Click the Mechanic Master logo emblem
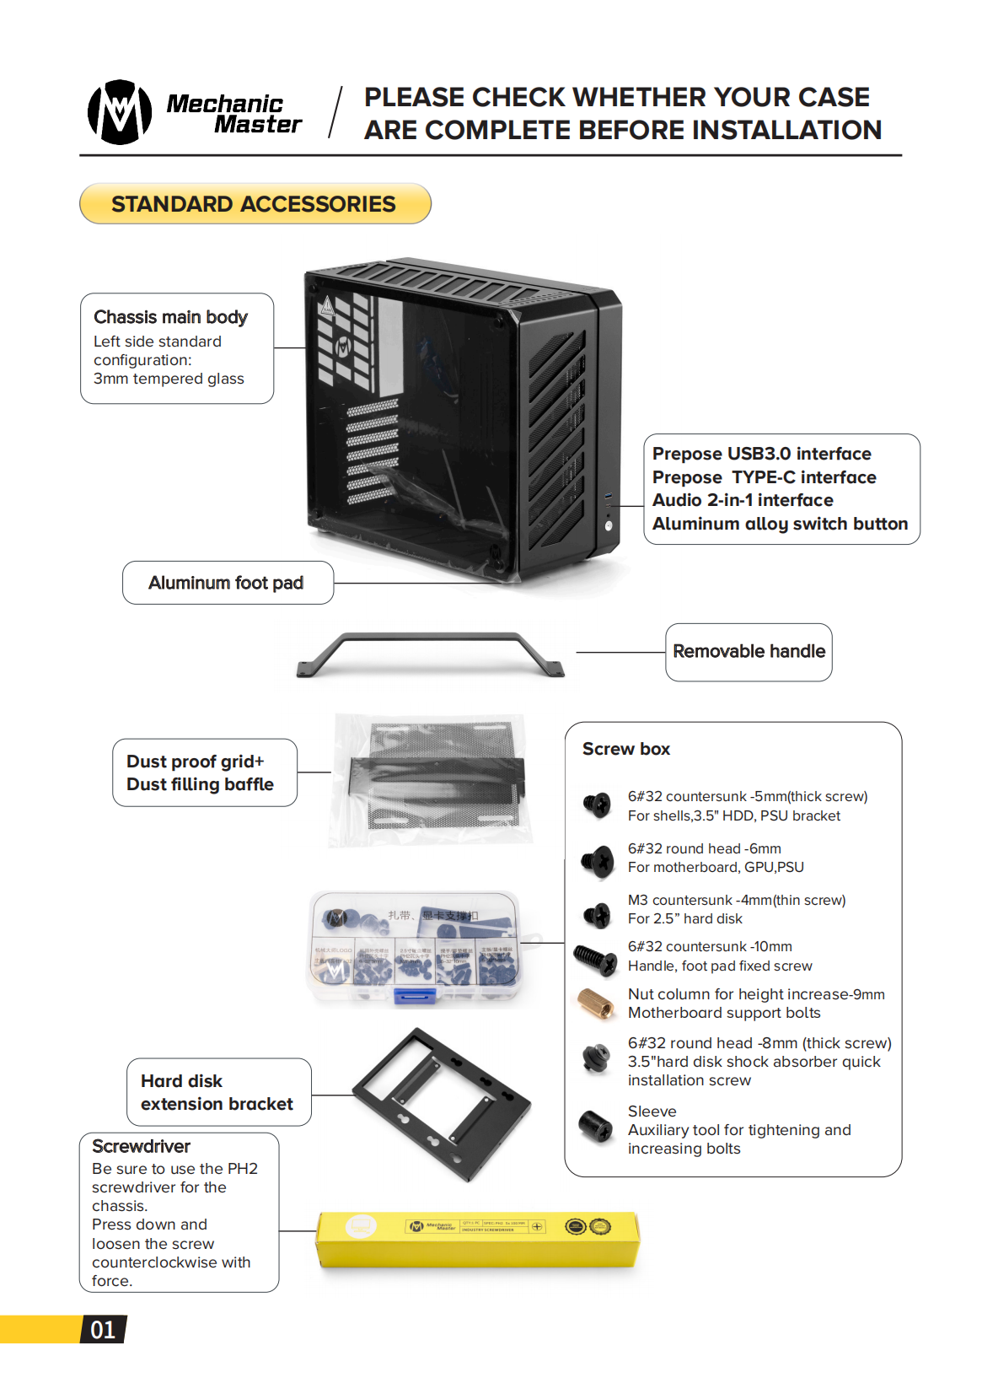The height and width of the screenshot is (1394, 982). [120, 112]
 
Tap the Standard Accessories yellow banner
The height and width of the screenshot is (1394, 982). [255, 204]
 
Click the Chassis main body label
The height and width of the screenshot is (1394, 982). [170, 317]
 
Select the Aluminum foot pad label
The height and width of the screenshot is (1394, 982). [226, 583]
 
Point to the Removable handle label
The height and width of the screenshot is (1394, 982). [749, 651]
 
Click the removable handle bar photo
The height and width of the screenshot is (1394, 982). [430, 654]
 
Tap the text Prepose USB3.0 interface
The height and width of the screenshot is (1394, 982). [761, 454]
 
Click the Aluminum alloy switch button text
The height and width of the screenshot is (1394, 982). [780, 524]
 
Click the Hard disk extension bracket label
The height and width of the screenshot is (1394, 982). [217, 1092]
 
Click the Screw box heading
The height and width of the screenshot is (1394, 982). [625, 749]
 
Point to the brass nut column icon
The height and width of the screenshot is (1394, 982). [596, 1003]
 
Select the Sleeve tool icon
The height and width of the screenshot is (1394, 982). [596, 1127]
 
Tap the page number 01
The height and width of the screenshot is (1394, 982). [103, 1330]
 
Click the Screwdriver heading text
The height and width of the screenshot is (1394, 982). [141, 1146]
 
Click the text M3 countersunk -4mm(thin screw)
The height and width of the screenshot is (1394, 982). [736, 900]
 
